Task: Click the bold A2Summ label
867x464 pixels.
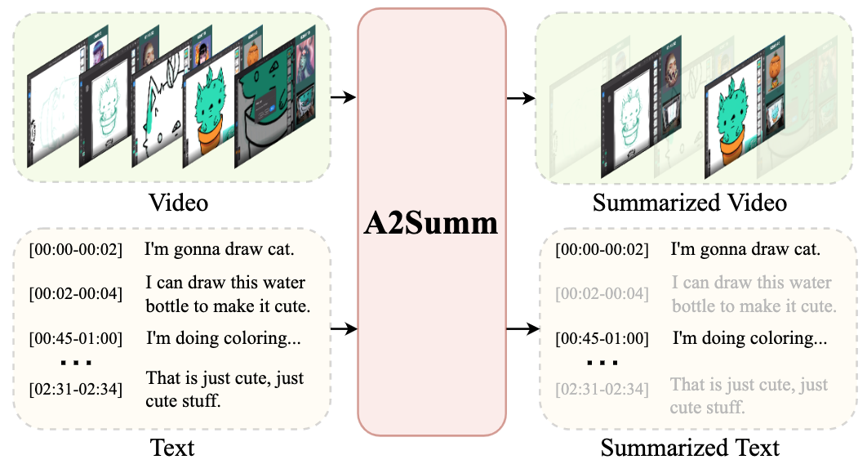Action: click(431, 223)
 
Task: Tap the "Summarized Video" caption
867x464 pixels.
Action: click(690, 202)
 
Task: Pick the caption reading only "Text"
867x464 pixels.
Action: click(173, 448)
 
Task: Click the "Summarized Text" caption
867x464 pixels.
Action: click(690, 448)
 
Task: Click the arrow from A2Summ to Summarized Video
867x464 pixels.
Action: click(521, 97)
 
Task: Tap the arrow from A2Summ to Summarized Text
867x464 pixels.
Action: click(521, 329)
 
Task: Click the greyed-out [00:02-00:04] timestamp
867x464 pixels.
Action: click(602, 294)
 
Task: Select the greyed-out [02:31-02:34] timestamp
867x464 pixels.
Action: click(602, 390)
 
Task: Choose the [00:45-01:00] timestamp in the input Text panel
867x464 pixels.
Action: click(75, 338)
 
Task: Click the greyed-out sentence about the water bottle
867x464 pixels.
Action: click(753, 295)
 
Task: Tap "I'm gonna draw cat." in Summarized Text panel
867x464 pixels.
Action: click(745, 249)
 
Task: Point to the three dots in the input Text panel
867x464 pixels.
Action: click(75, 361)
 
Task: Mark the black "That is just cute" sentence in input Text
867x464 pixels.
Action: click(225, 389)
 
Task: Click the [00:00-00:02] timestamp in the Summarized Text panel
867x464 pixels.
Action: click(602, 250)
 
